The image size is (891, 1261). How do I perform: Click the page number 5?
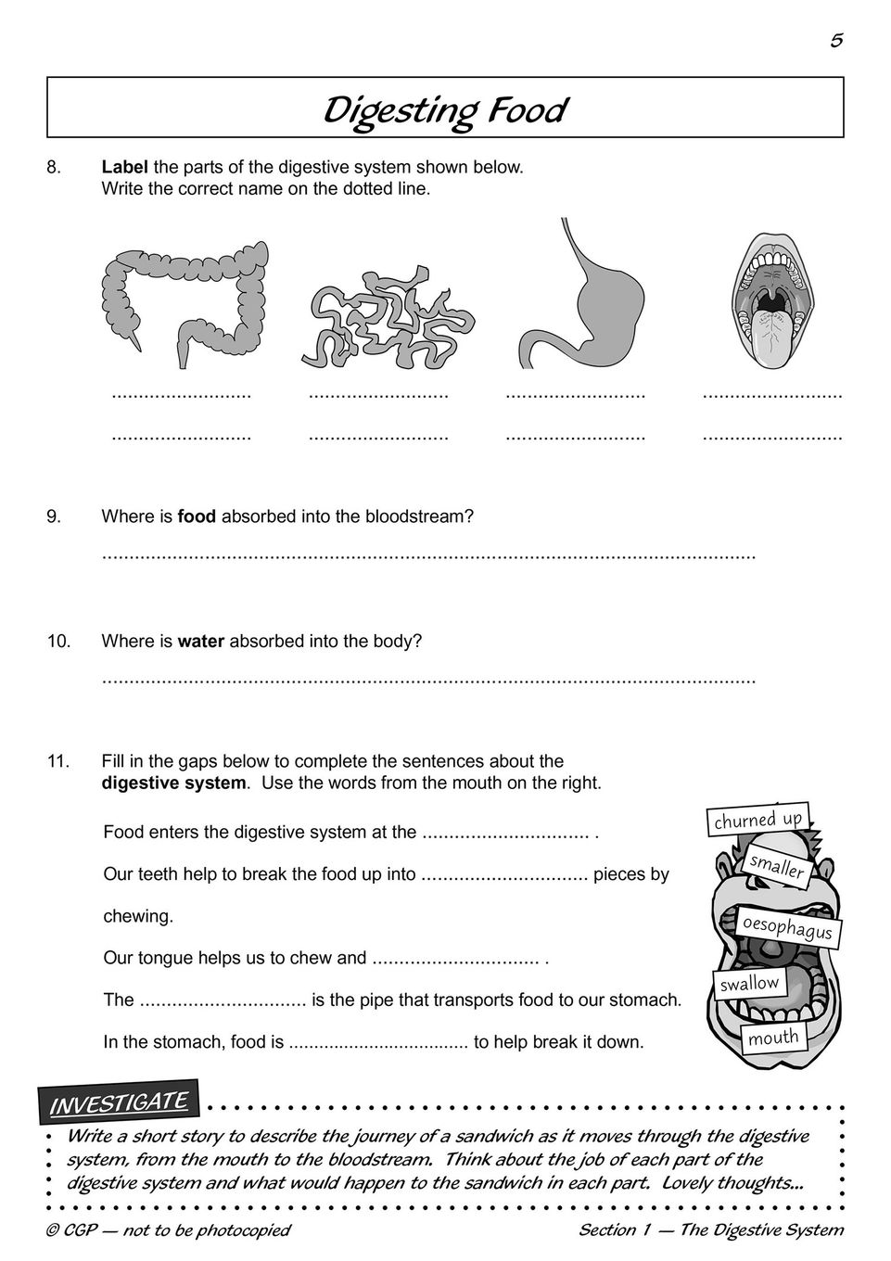point(836,40)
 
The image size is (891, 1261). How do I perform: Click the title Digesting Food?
point(445,109)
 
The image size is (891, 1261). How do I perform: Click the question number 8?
point(54,168)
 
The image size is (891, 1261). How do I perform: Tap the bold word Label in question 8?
point(125,168)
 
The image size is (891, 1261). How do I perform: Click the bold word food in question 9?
point(197,516)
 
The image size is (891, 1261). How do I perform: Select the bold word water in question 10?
point(201,641)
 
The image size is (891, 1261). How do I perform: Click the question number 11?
point(58,761)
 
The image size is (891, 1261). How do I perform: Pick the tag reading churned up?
point(757,820)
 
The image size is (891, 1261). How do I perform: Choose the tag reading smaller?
point(777,866)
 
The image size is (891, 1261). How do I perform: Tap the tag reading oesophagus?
point(787,927)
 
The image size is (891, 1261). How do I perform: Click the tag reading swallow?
point(749,983)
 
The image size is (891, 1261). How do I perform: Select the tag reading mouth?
point(773,1038)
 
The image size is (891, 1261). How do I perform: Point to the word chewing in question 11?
point(138,916)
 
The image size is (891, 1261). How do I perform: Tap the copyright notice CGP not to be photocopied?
point(168,1230)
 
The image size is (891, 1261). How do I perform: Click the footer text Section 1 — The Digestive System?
point(711,1230)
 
